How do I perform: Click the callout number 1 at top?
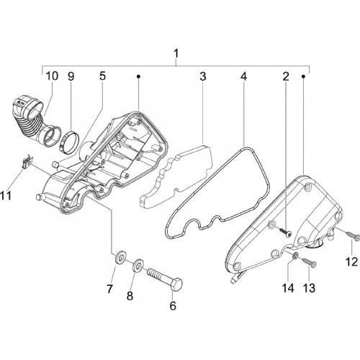click(x=176, y=54)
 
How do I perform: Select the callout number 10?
click(x=52, y=76)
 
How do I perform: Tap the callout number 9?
click(x=71, y=76)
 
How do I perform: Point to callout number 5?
click(x=102, y=76)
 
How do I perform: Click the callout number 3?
click(x=203, y=76)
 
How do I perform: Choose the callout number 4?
click(x=243, y=76)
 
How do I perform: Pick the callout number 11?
click(x=6, y=195)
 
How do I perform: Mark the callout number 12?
click(x=351, y=261)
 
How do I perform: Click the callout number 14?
click(x=288, y=288)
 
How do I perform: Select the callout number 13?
click(x=309, y=288)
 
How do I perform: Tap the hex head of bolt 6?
click(x=176, y=284)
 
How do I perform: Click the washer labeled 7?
click(x=120, y=257)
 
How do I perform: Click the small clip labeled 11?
click(x=27, y=161)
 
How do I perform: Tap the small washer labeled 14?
click(x=295, y=256)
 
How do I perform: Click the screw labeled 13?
click(x=309, y=261)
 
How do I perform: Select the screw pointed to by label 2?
click(x=285, y=232)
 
